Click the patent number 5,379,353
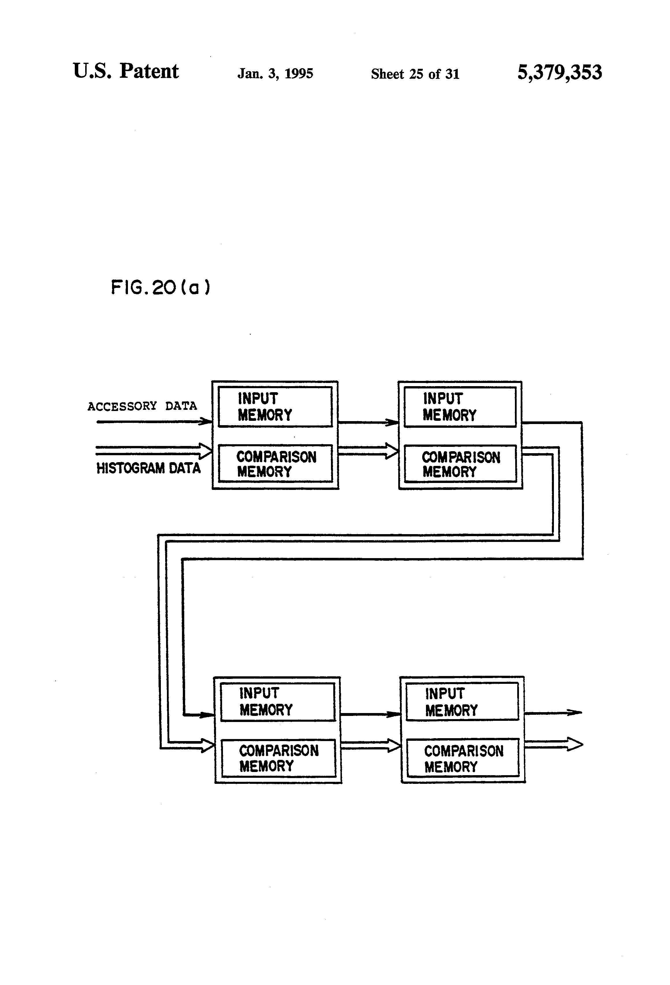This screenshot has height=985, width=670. point(559,73)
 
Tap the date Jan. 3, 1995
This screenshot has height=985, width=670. point(275,74)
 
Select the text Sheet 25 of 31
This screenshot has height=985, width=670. point(415,74)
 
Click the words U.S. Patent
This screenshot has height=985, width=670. point(126,71)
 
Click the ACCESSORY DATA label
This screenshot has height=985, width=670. point(142,406)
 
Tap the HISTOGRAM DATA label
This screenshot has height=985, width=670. point(148,468)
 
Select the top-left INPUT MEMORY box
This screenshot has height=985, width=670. point(275,407)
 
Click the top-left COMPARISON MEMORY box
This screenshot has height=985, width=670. point(275,464)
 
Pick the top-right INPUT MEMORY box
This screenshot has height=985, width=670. point(460,407)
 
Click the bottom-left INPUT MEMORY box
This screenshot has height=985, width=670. point(278,701)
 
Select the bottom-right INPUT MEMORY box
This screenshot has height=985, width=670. point(462,701)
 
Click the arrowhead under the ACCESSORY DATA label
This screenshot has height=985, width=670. point(206,421)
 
